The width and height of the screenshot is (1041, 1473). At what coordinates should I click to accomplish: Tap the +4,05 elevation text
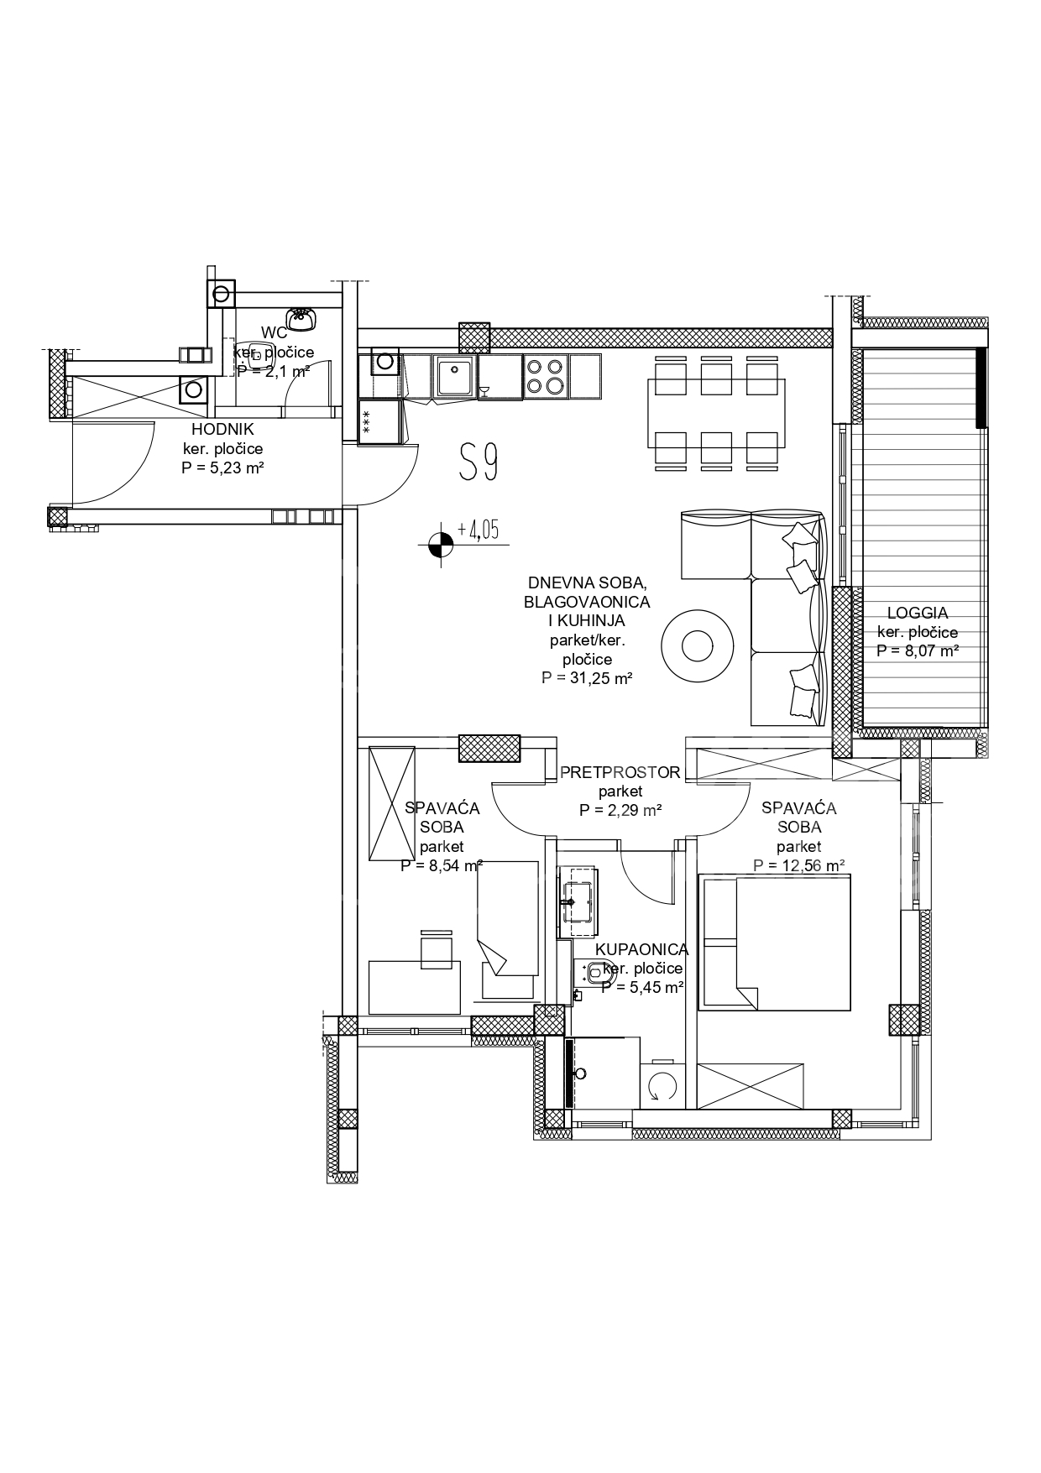click(478, 530)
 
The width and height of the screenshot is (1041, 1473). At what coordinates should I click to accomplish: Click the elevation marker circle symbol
click(438, 545)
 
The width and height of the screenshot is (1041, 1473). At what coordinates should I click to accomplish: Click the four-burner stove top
click(546, 376)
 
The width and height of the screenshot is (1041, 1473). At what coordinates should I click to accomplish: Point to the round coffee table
click(696, 645)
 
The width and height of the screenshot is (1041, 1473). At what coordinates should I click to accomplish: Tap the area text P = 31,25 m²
click(587, 678)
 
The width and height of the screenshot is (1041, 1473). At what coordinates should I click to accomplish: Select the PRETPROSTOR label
click(620, 772)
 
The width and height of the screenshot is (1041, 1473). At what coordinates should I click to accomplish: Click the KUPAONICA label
click(641, 950)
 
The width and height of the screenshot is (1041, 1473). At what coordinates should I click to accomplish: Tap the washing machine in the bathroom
click(663, 1086)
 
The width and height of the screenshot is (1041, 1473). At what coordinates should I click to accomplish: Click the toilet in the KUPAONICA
click(594, 974)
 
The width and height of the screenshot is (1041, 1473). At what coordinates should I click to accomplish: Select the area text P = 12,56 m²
click(798, 866)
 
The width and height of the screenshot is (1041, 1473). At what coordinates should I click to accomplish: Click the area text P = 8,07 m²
click(918, 650)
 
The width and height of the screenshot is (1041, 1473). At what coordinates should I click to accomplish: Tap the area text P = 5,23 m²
click(222, 468)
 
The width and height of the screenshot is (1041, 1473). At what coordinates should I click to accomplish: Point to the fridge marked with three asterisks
click(379, 421)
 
